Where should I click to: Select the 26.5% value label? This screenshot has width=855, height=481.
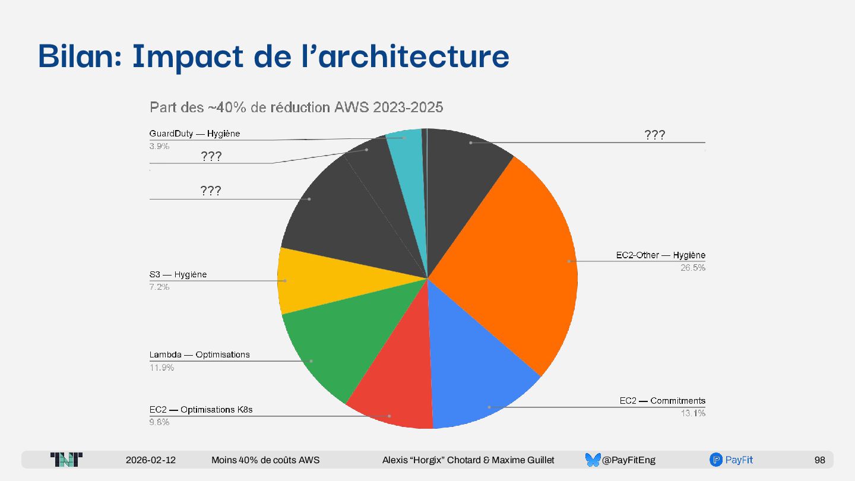coord(692,268)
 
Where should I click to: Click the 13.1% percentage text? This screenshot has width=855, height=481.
coord(693,413)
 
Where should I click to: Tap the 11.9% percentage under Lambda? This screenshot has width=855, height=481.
coord(161,368)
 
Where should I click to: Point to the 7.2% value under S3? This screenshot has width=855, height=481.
coord(159,287)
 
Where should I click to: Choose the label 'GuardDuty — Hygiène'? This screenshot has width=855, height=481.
coord(195,134)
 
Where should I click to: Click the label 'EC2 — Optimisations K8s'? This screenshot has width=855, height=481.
coord(201,410)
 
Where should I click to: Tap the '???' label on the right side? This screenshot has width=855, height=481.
coord(654,135)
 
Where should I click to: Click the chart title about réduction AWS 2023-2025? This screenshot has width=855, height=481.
coord(296,107)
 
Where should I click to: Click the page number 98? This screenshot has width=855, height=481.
coord(819,460)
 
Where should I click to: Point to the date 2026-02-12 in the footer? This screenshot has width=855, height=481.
coord(151,460)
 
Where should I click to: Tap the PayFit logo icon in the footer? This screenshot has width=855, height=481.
coord(715,460)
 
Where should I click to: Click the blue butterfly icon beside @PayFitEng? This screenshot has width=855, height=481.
coord(593,460)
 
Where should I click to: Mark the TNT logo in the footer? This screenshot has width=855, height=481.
coord(66,460)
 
